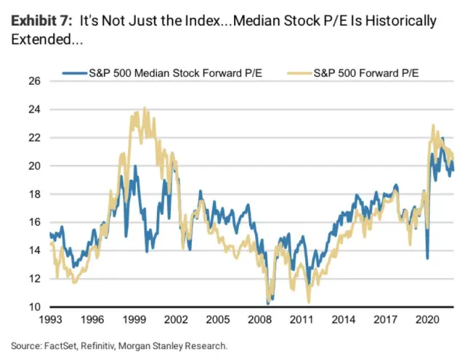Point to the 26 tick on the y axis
click(x=33, y=81)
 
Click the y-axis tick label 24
click(x=33, y=109)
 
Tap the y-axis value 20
click(x=33, y=165)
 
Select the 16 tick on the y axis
click(x=33, y=222)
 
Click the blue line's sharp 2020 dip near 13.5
click(x=427, y=258)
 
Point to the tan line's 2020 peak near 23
click(x=433, y=125)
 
